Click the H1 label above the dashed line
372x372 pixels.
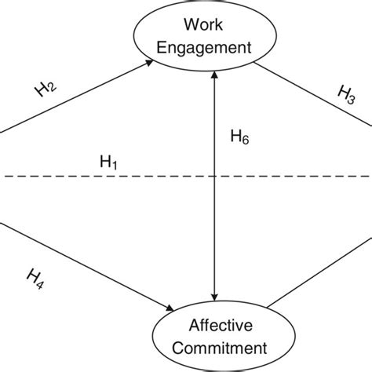(108, 163)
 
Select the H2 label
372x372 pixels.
(46, 88)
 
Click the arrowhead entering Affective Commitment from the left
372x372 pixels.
(163, 307)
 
